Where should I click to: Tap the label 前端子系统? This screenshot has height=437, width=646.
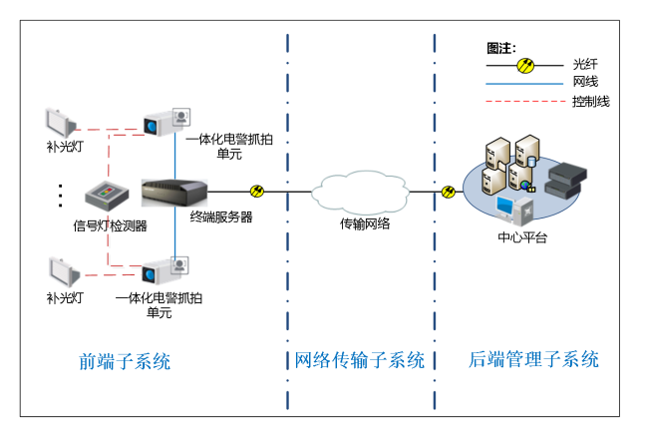[125, 361]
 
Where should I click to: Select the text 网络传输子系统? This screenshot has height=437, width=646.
[359, 360]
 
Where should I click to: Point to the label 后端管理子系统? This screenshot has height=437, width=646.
[533, 359]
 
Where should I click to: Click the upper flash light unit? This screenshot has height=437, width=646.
[60, 123]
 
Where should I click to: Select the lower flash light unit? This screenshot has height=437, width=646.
[63, 270]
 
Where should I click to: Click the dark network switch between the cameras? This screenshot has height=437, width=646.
[174, 192]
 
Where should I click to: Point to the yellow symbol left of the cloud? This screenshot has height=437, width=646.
[256, 191]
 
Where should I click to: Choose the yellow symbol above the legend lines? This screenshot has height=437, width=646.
[525, 66]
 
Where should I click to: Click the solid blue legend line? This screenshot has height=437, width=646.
[524, 84]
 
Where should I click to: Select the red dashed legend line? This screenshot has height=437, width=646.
[524, 101]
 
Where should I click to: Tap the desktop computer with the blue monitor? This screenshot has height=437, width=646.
[514, 211]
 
